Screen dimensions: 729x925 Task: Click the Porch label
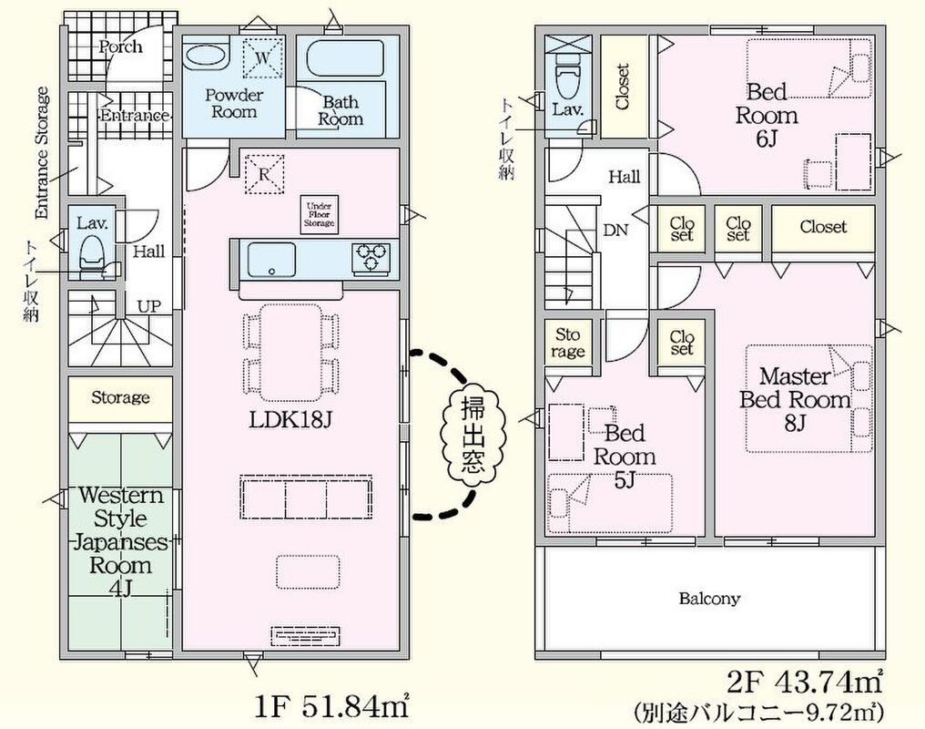coord(120,46)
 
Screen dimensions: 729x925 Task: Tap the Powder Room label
coord(233,103)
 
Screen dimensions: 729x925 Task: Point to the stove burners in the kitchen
coord(371,258)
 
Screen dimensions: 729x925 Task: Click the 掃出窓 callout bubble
coord(465,436)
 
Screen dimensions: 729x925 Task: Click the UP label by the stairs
coord(149,306)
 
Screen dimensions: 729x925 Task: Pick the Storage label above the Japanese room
coord(120,398)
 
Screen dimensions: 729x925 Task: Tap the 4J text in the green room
coord(120,589)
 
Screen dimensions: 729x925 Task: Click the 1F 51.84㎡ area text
coord(333,703)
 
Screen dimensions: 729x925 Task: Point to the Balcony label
coord(709,599)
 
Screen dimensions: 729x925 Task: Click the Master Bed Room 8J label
coord(795,399)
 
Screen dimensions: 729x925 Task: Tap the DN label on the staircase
coord(615,231)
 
